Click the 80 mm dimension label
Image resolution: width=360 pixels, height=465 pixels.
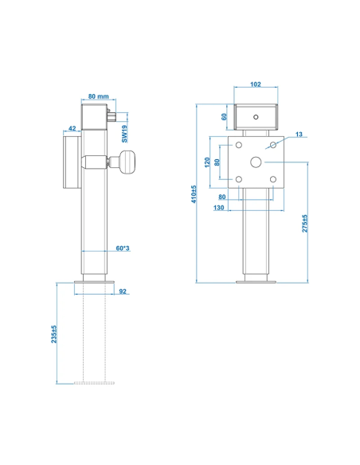[x=100, y=96]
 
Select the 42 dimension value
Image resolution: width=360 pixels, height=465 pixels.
[x=72, y=128]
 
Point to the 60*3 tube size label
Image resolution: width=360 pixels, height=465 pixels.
[x=123, y=249]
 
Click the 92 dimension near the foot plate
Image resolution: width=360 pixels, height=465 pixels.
[x=123, y=291]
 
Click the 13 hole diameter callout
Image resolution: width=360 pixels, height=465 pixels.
[x=298, y=135]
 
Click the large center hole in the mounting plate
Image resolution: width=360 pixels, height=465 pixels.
[x=256, y=162]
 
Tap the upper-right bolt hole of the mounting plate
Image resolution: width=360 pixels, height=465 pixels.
[x=273, y=146]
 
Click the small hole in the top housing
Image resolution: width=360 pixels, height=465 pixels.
[x=256, y=116]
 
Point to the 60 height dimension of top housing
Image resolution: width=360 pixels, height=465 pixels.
[x=224, y=116]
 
